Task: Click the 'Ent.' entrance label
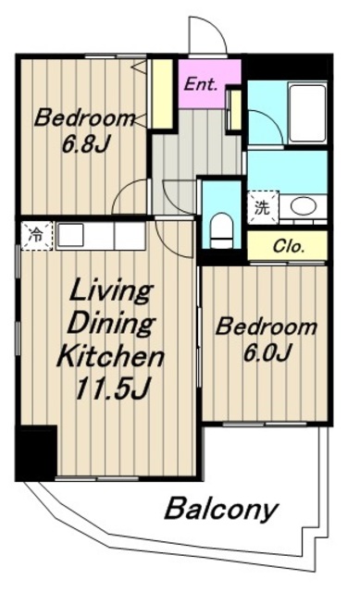point(200,84)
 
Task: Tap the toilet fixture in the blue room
point(221,230)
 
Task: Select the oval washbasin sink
point(304,206)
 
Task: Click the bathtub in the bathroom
point(306,113)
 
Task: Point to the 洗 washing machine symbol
point(263,208)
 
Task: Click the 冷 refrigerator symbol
point(37,236)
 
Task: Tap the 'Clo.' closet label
point(289,247)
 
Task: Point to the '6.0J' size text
point(267,352)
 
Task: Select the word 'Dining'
point(111,324)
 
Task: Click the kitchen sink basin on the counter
point(70,235)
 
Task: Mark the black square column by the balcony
point(36,452)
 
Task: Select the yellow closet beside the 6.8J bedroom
point(162,94)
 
